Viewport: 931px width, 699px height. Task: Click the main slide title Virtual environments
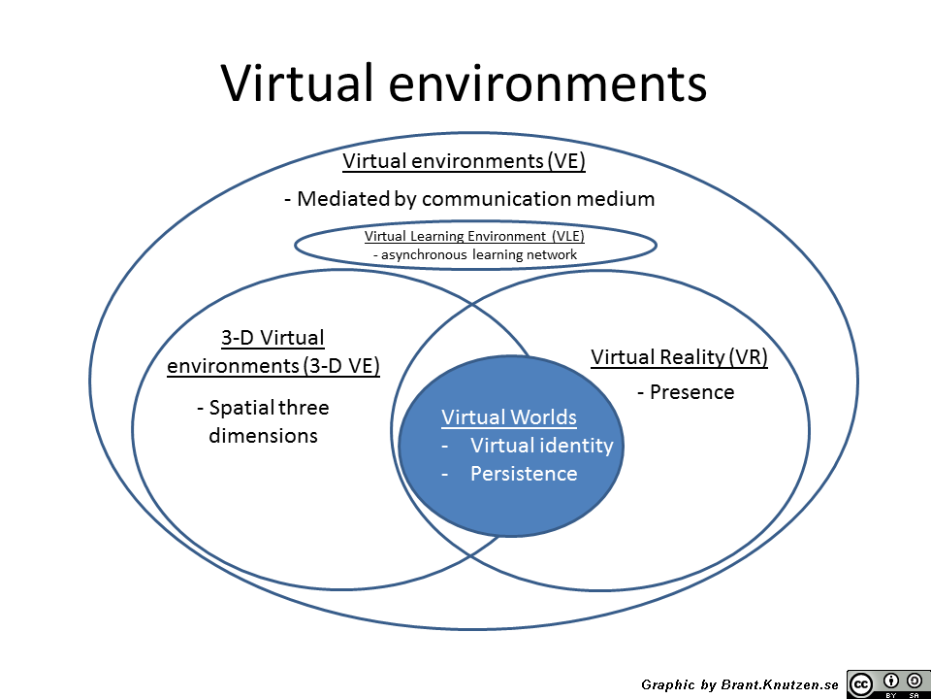coord(464,83)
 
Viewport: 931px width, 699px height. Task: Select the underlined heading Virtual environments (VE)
coord(464,161)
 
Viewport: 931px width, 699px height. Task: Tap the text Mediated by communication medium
coord(469,198)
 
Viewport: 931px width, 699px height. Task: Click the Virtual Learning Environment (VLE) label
coord(474,236)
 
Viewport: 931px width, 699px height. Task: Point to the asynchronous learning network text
coord(475,255)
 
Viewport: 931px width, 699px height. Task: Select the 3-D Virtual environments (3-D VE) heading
coord(273,351)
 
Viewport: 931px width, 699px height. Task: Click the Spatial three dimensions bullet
coord(263,421)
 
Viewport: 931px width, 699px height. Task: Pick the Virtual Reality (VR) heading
coord(679,356)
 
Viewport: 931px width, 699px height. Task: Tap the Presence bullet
coord(686,392)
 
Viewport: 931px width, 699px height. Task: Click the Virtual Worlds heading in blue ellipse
coord(509,417)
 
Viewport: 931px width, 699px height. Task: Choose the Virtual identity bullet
coord(528,446)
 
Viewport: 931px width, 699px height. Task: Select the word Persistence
coord(524,474)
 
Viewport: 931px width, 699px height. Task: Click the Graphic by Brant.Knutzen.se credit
coord(740,684)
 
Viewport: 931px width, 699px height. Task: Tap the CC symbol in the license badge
coord(861,684)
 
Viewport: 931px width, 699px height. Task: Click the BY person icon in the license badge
coord(891,682)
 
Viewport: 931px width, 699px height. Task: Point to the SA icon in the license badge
coord(915,682)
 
